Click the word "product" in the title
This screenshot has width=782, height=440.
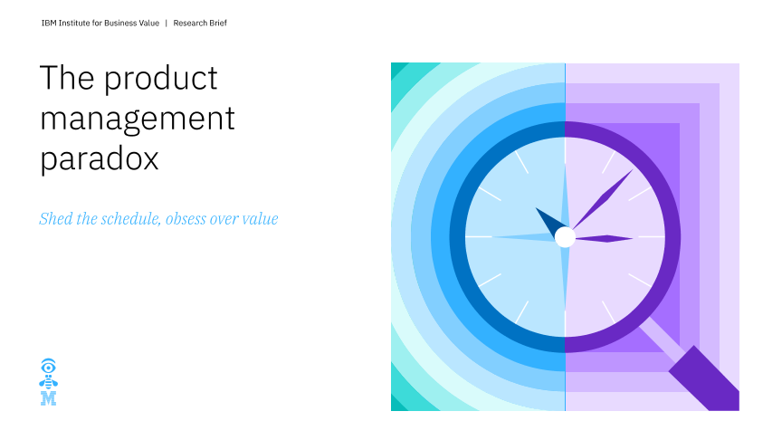160,80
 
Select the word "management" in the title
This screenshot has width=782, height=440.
138,120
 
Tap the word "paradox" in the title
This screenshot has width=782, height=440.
100,159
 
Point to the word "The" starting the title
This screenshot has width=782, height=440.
67,77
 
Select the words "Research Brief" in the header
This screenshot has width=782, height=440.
200,23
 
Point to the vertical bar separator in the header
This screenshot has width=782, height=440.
166,23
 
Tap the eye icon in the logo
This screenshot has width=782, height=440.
48,367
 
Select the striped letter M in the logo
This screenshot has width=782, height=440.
48,398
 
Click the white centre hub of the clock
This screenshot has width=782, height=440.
565,237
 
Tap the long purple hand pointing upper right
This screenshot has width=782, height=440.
603,199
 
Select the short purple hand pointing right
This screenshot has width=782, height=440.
604,238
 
